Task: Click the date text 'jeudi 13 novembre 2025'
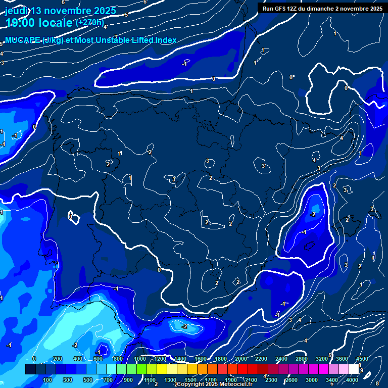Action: pyautogui.click(x=61, y=11)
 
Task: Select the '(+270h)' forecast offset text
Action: pyautogui.click(x=90, y=23)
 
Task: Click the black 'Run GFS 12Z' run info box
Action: pyautogui.click(x=322, y=8)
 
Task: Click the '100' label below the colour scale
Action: pyautogui.click(x=48, y=380)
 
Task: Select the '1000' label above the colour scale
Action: pyautogui.click(x=140, y=359)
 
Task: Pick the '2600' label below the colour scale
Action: pyautogui.click(x=292, y=380)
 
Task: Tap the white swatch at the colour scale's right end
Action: pyautogui.click(x=354, y=370)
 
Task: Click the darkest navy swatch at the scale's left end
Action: pyautogui.click(x=30, y=370)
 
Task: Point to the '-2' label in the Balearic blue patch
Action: pyautogui.click(x=313, y=214)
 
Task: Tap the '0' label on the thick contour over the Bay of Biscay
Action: pyautogui.click(x=213, y=79)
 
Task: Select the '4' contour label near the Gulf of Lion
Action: pyautogui.click(x=342, y=138)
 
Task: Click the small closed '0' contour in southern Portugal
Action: pyautogui.click(x=71, y=217)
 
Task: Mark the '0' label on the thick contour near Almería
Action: pyautogui.click(x=159, y=270)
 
